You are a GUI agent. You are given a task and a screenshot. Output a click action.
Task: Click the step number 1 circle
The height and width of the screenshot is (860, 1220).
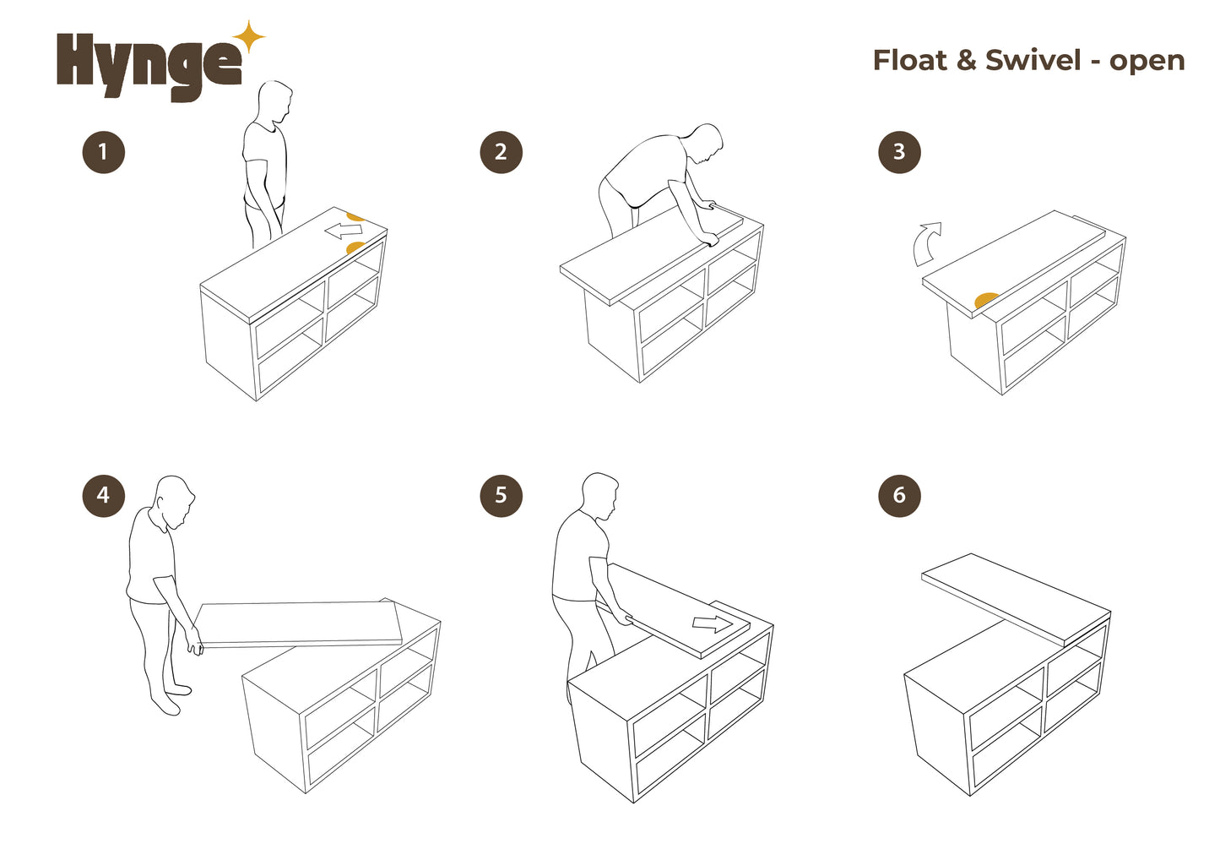(x=104, y=152)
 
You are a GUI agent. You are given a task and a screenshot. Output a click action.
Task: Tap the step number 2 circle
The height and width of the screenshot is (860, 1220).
(x=501, y=152)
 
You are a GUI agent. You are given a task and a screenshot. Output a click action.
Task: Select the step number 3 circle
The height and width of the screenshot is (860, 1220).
(x=899, y=152)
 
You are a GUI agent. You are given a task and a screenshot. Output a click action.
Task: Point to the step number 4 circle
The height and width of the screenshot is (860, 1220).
(x=104, y=495)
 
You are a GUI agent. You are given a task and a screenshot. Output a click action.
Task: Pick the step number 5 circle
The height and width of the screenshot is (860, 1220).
(x=501, y=495)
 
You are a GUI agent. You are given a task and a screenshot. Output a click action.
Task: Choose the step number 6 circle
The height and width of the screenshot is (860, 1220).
(x=899, y=495)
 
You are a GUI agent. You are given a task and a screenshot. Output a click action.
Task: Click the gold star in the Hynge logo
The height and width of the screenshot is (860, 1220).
(x=249, y=37)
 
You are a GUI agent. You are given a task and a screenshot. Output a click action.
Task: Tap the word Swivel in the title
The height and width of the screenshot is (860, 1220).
(x=1033, y=60)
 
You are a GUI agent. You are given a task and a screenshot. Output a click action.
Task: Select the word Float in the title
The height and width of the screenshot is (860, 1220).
(x=909, y=60)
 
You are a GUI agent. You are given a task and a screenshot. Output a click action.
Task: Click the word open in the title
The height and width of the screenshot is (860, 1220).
(x=1147, y=63)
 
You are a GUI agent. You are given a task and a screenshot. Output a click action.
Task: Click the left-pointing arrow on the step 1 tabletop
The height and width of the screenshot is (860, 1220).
(x=344, y=231)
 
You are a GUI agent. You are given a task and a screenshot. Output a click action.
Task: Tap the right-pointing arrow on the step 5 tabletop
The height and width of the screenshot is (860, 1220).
(x=713, y=623)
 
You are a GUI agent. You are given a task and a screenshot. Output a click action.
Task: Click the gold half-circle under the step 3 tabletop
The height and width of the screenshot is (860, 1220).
(x=986, y=300)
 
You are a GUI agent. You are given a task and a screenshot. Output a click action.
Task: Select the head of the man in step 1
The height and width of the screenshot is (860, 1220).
(x=275, y=104)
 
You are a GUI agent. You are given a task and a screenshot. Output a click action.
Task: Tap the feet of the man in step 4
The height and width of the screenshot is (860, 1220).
(x=171, y=700)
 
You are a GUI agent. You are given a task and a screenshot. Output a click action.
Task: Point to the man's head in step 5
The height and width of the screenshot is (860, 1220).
(x=599, y=497)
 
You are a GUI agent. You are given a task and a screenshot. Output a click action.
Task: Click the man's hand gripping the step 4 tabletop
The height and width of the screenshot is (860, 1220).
(x=194, y=642)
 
